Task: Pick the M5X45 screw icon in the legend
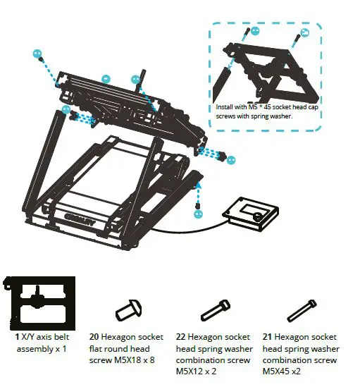[x=300, y=309]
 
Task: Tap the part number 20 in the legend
[x=94, y=338]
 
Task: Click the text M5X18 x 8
[x=132, y=360]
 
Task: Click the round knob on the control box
[x=259, y=215]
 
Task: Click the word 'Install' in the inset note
[x=226, y=108]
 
